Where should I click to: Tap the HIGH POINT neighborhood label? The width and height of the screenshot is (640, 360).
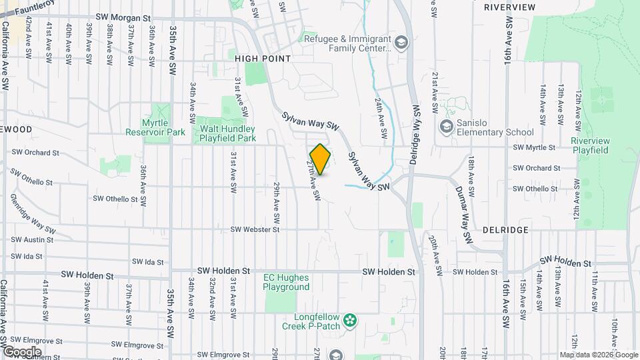(x=263, y=59)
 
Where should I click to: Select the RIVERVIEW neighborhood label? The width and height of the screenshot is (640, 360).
(x=509, y=7)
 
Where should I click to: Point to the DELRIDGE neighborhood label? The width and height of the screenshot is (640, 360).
(x=506, y=229)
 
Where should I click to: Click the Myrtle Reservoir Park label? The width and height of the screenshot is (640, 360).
(x=155, y=127)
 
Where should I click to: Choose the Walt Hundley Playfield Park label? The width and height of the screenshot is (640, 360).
(x=226, y=133)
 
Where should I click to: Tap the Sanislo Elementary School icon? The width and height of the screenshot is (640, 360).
(x=445, y=125)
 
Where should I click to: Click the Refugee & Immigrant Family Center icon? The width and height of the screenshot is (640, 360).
(x=401, y=44)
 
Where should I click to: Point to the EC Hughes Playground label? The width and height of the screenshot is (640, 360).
(x=287, y=282)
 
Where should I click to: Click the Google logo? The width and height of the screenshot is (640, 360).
(x=21, y=351)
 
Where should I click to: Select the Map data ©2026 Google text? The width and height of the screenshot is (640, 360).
(x=599, y=355)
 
